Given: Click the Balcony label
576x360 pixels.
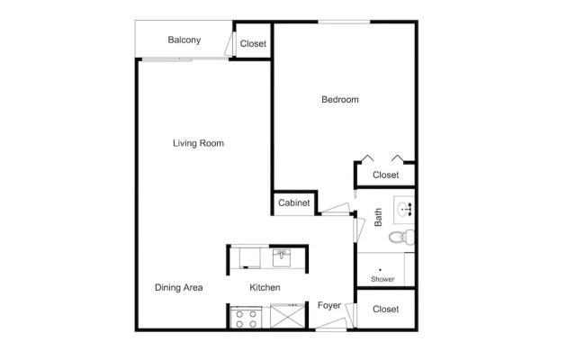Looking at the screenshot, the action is point(184,40).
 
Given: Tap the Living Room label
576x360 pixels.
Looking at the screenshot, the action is point(198,143).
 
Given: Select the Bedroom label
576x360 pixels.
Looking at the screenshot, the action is point(340,100).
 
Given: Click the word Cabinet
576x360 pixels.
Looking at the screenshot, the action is point(294,202).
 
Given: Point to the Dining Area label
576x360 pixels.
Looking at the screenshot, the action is point(178,288).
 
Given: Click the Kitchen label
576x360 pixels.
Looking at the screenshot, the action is point(265,288).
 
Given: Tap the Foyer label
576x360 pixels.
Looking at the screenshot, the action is point(329,306).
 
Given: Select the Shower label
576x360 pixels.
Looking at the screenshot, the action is point(382,279).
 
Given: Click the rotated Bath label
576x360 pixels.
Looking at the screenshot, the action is point(378,217).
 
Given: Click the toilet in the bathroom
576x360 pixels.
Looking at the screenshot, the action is point(402,237).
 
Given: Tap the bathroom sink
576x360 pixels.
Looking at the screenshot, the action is point(404,210).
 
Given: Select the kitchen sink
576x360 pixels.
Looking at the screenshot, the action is point(282,258).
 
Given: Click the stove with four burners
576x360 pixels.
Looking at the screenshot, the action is point(246,318).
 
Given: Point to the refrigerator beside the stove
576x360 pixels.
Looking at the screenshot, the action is point(288,316).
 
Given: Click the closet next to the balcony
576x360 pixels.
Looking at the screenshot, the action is point(253,40).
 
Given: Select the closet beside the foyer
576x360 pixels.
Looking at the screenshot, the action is point(386,310).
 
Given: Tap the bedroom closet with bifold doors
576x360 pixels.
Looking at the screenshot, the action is point(386,174).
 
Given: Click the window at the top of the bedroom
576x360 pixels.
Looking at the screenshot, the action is point(344,22).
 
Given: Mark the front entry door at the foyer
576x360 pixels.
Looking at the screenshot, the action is point(331,326).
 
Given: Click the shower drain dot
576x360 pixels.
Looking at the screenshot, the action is point(380,270).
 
